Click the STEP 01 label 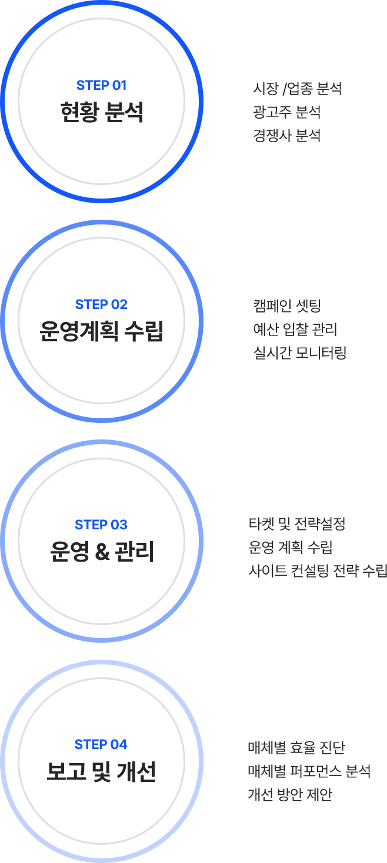tap(101, 85)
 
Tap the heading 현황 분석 tap(101, 112)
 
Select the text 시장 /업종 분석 tap(297, 89)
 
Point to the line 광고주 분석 tap(286, 112)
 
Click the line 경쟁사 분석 tap(286, 136)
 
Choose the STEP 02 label tap(101, 304)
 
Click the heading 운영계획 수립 tap(101, 331)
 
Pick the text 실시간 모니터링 tap(299, 352)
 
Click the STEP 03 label tap(101, 524)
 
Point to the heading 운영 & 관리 tap(101, 551)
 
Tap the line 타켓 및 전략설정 tap(296, 523)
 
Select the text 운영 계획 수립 tap(291, 547)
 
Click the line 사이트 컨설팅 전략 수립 tap(318, 570)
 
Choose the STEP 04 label tap(101, 744)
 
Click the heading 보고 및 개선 tap(101, 771)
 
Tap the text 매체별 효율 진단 tap(296, 748)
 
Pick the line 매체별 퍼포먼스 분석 tap(309, 771)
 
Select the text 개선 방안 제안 tap(290, 795)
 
